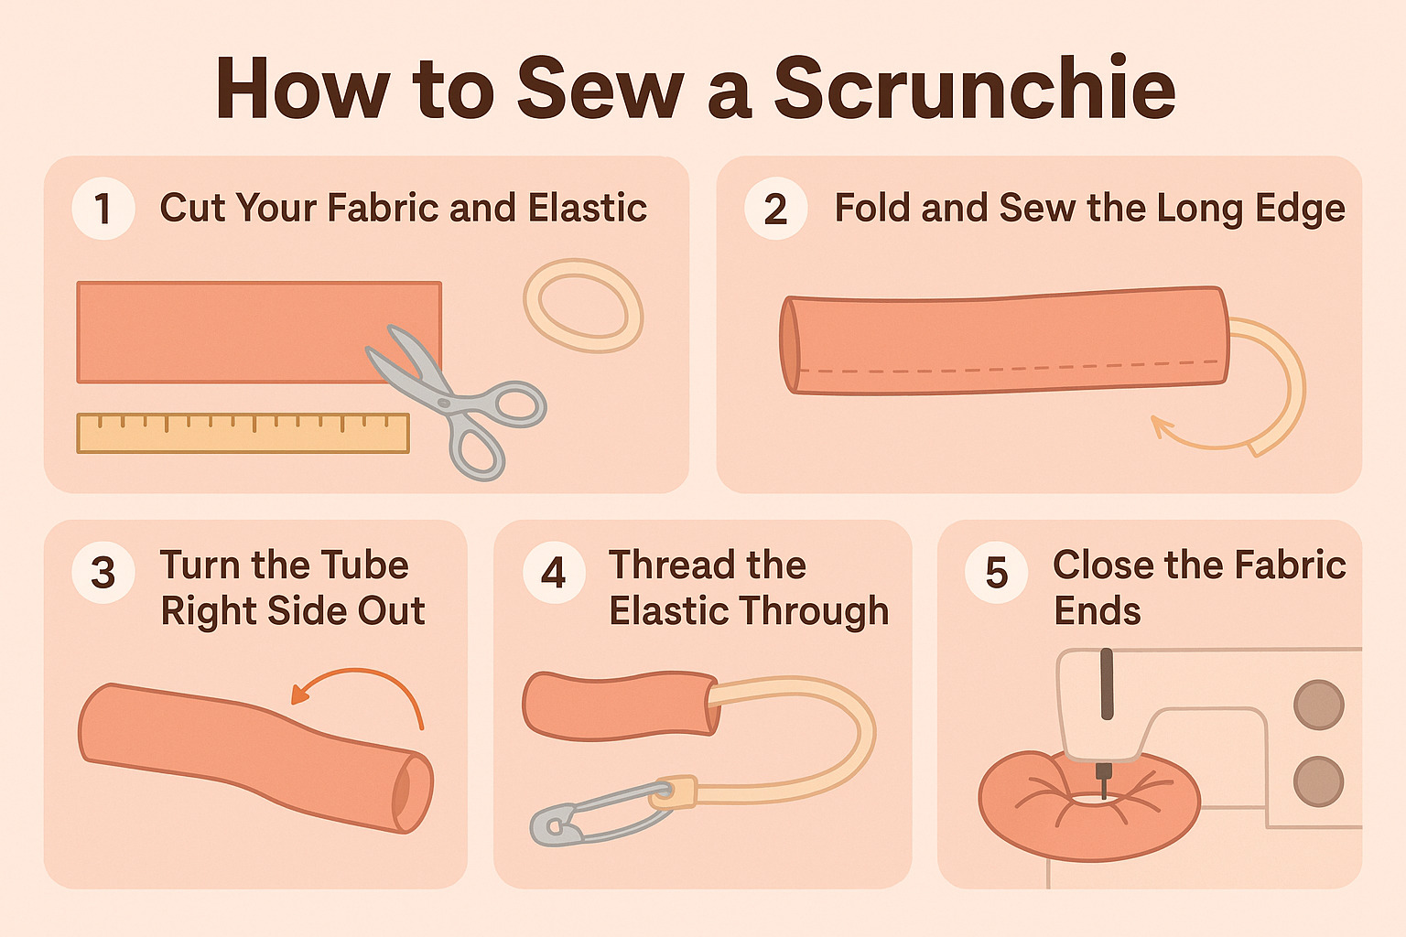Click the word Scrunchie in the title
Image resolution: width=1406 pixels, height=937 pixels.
[974, 89]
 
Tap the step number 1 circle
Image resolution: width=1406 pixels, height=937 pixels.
[103, 209]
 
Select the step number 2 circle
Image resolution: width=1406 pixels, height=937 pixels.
[775, 209]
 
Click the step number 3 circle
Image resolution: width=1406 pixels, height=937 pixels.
[103, 572]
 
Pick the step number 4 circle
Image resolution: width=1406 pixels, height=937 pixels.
[554, 572]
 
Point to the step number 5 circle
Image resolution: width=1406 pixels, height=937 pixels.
[997, 572]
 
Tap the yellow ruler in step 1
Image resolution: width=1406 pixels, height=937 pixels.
[243, 434]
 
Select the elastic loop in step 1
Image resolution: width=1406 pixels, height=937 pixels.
[583, 306]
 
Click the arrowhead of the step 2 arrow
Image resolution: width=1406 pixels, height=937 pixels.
[1161, 425]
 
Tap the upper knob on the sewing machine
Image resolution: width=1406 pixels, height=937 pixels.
[1318, 705]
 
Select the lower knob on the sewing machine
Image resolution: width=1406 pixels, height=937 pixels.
[1318, 781]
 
